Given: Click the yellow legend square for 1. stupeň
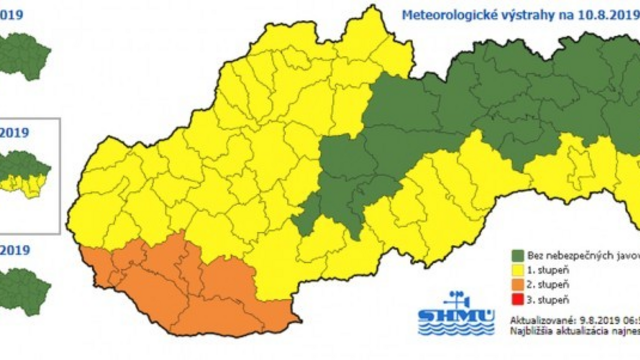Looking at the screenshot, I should (x=517, y=269).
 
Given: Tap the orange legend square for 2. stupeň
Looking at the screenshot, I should (x=517, y=284).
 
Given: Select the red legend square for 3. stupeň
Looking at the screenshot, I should (x=517, y=299).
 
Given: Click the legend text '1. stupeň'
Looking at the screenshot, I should (x=549, y=269).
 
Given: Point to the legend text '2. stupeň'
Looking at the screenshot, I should (x=549, y=284).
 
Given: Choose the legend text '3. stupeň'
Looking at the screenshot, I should (x=549, y=299).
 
